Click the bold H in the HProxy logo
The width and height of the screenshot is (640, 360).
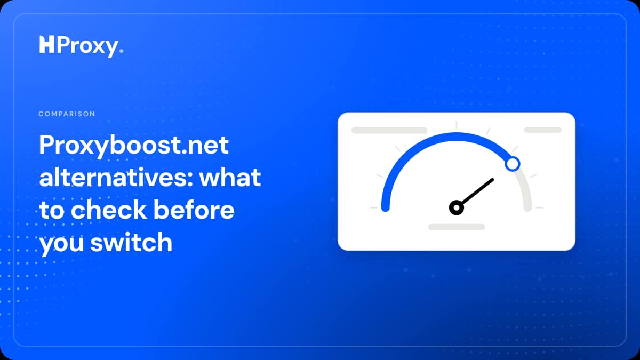click(46, 45)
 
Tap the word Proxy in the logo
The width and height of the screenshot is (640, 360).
click(87, 46)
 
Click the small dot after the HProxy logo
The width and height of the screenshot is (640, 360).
click(122, 51)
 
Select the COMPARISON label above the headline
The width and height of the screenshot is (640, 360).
click(67, 114)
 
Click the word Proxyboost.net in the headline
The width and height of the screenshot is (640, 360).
click(134, 146)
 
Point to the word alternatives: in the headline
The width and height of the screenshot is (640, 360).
click(116, 177)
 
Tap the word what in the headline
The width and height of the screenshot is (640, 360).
click(230, 177)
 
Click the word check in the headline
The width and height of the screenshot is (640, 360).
click(109, 210)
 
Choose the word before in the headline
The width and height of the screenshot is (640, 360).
click(194, 210)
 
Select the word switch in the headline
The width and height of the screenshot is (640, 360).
click(131, 242)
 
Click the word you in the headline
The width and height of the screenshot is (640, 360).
click(61, 245)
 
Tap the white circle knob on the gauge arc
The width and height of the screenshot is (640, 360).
click(513, 164)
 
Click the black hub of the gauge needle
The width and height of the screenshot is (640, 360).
click(457, 207)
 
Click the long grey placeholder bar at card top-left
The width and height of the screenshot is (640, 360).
click(389, 130)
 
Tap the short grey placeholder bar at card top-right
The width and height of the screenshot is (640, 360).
click(542, 130)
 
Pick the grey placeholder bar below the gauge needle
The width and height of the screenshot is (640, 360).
click(457, 227)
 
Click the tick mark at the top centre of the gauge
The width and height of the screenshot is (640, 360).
click(457, 125)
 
